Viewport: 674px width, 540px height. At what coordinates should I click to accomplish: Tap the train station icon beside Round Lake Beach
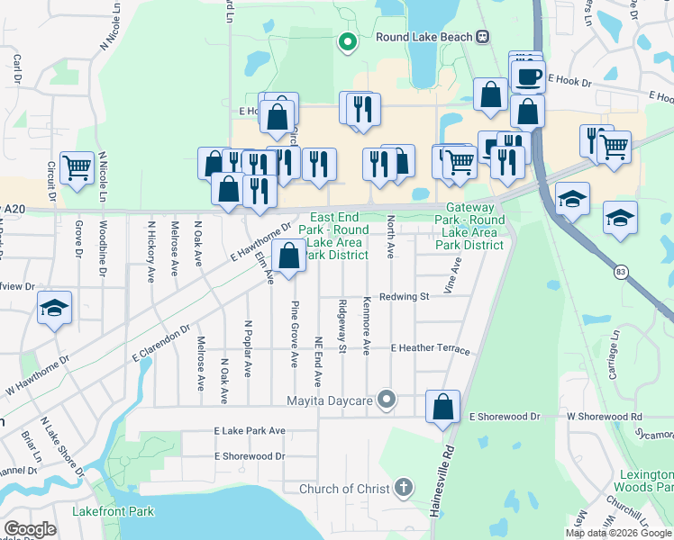point(483,36)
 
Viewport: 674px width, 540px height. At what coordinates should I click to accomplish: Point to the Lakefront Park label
point(113,512)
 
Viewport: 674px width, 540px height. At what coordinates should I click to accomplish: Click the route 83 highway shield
point(621,271)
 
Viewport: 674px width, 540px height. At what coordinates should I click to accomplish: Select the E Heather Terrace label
point(430,348)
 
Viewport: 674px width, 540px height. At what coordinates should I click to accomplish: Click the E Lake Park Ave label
point(250,431)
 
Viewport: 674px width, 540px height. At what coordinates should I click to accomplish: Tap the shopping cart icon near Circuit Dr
point(77,166)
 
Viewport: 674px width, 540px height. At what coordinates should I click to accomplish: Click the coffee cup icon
point(528,76)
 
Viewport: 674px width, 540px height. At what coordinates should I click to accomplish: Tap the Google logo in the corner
point(31,529)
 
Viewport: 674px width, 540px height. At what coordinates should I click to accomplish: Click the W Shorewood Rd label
point(604,417)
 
